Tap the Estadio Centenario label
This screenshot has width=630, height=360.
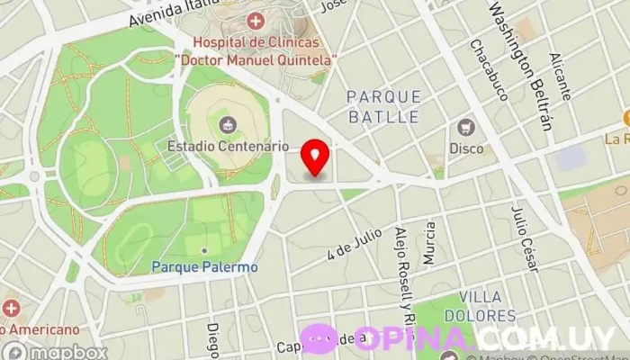pos(228,145)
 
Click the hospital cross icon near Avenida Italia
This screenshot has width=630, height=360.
pos(256,20)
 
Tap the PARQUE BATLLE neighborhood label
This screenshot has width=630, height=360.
pos(383,106)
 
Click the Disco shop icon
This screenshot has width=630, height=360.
pos(466,127)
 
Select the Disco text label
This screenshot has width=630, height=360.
pos(466,148)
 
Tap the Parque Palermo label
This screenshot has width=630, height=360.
pos(204,266)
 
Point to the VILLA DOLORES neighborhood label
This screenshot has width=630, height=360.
pos(487,306)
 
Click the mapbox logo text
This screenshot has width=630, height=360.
pos(65,352)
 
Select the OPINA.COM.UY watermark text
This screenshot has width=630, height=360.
pos(486,338)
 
